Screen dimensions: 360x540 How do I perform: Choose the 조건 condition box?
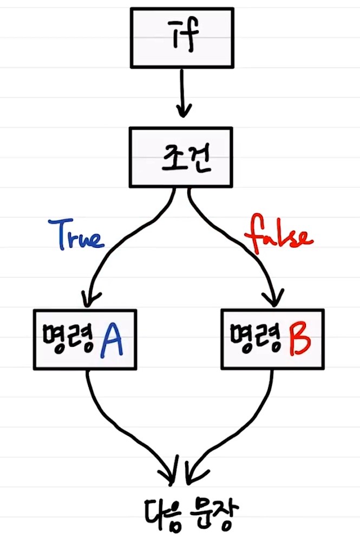pyautogui.click(x=181, y=156)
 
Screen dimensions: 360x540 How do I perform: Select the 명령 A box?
pyautogui.click(x=85, y=339)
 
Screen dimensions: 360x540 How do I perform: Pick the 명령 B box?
pyautogui.click(x=273, y=339)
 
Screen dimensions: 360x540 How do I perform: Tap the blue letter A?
pyautogui.click(x=113, y=339)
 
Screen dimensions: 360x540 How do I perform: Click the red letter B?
pyautogui.click(x=299, y=339)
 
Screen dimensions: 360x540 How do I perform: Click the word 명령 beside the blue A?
pyautogui.click(x=68, y=339)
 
